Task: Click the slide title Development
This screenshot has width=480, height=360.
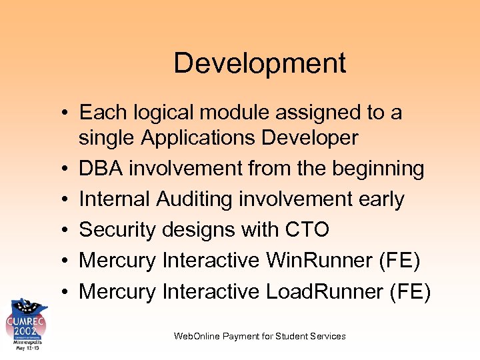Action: coord(259,63)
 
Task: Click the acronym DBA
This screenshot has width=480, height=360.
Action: coord(101,169)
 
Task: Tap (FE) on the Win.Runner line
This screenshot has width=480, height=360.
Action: coord(399,261)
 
